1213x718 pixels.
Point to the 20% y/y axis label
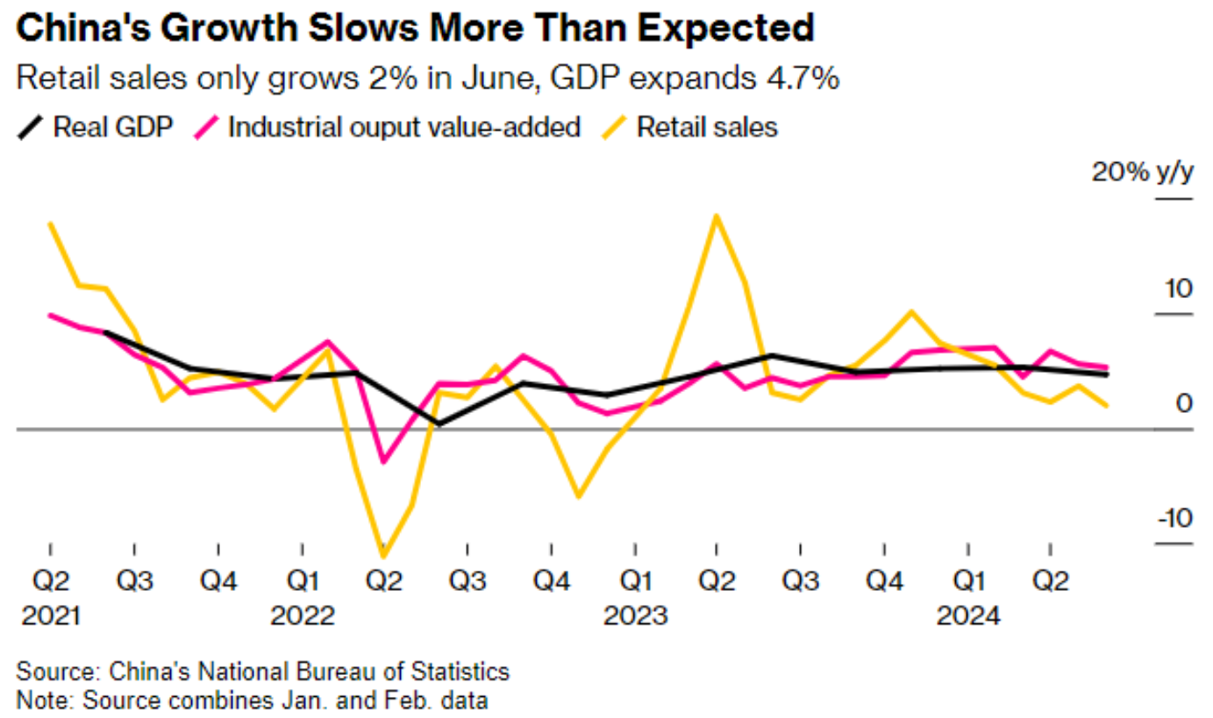tap(1142, 172)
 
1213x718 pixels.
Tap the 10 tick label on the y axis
tap(1178, 288)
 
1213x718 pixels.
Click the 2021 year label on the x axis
tap(50, 615)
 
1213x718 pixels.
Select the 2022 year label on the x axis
tap(302, 615)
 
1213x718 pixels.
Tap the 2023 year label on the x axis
tap(635, 615)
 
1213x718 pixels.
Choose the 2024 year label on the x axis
tap(967, 615)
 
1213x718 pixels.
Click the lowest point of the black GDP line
tap(439, 423)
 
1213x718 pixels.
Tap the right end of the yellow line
tap(1107, 406)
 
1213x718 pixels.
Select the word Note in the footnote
tap(37, 700)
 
